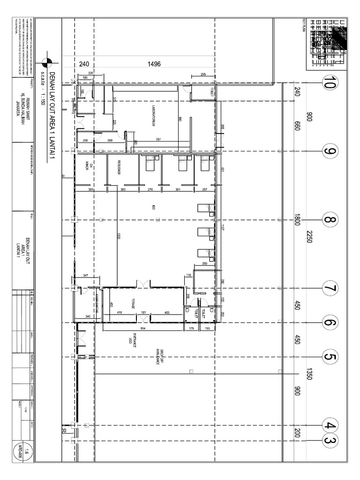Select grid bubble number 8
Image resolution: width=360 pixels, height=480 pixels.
[x=330, y=219]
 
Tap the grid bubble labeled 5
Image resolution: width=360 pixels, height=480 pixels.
[x=330, y=357]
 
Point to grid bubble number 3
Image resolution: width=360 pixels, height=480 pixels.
[x=330, y=441]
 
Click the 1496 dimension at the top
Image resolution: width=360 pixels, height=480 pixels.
[x=154, y=65]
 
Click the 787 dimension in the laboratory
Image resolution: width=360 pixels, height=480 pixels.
[x=158, y=139]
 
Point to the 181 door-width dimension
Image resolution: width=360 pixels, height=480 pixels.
[x=143, y=312]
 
